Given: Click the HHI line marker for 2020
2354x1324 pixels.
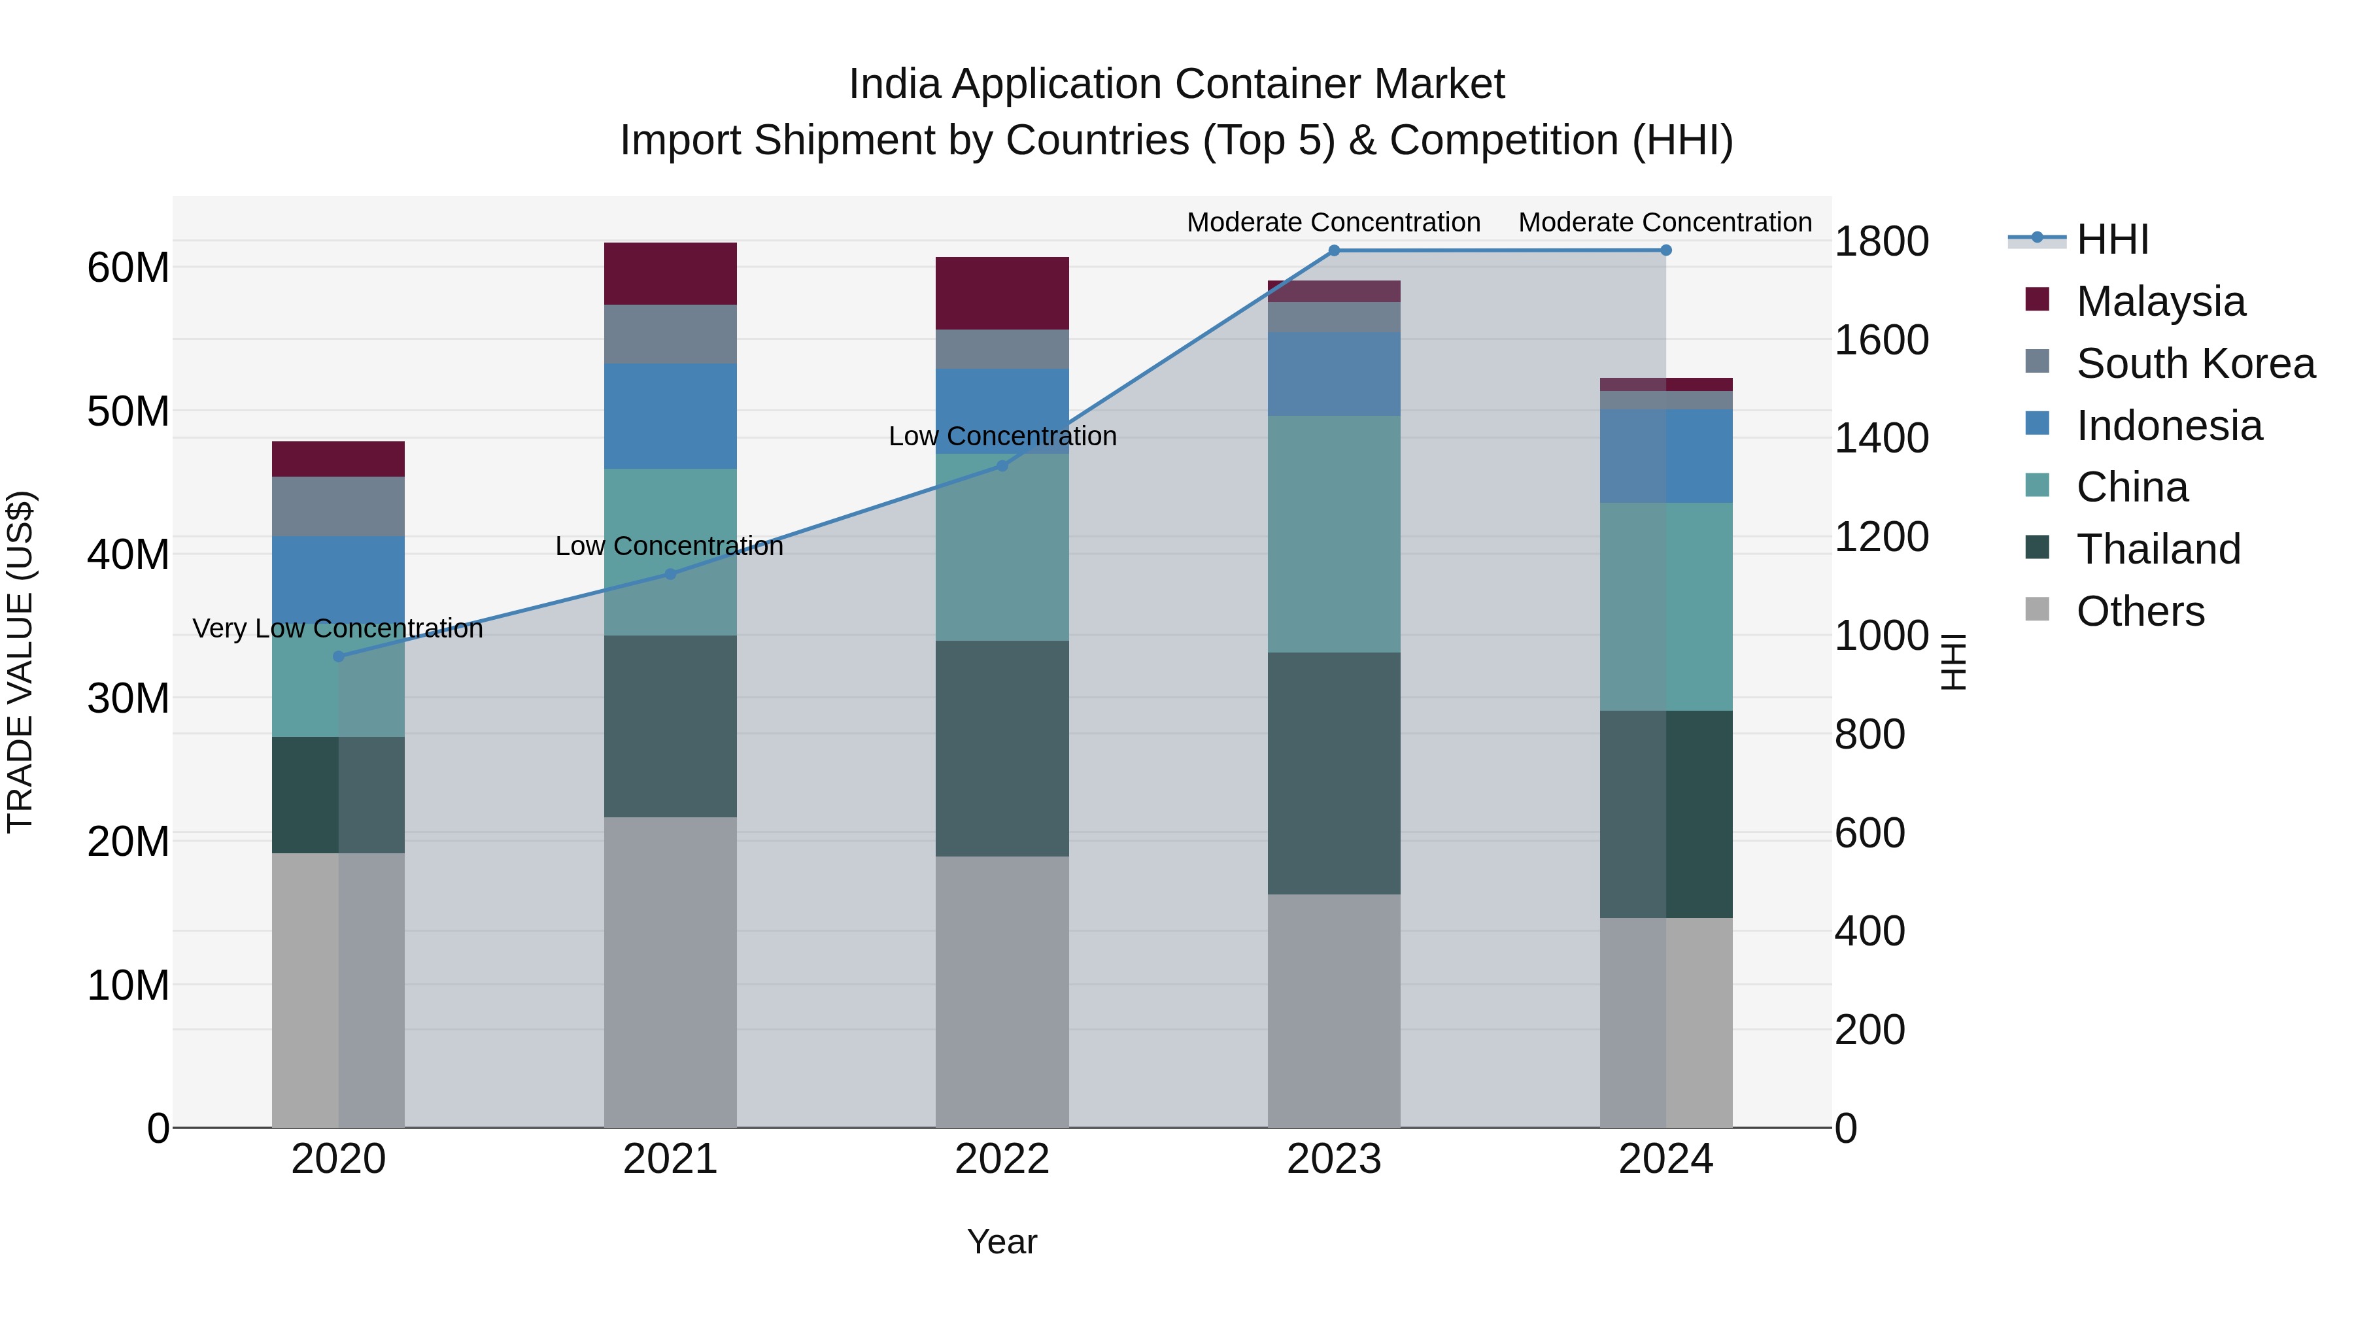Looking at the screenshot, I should pyautogui.click(x=338, y=656).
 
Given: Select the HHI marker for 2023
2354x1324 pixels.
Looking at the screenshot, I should pyautogui.click(x=1333, y=250).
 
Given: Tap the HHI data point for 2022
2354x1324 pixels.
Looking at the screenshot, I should pyautogui.click(x=1002, y=466).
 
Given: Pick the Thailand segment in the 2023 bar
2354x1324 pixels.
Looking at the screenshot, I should pyautogui.click(x=1333, y=773).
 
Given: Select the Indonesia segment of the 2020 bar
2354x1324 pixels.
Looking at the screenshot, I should pyautogui.click(x=338, y=575).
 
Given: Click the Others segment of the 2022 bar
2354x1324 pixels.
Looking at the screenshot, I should pyautogui.click(x=1002, y=991).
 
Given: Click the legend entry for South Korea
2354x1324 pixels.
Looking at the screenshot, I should pyautogui.click(x=2195, y=364).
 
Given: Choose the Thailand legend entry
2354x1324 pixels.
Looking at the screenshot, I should pyautogui.click(x=2158, y=549).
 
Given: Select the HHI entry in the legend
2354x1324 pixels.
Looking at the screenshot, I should pyautogui.click(x=2111, y=241).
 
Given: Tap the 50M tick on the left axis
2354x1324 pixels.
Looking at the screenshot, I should pyautogui.click(x=128, y=411).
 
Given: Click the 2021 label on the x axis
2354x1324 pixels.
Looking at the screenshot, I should pyautogui.click(x=670, y=1159).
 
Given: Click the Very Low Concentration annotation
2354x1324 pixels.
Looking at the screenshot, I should pyautogui.click(x=337, y=628).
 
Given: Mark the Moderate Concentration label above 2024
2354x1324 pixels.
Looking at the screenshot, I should pyautogui.click(x=1664, y=222).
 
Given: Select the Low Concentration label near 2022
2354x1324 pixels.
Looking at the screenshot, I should pyautogui.click(x=1002, y=436).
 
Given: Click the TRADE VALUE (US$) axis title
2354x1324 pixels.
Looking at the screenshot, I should pyautogui.click(x=20, y=662).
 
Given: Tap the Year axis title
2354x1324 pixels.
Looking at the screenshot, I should pyautogui.click(x=1002, y=1242).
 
